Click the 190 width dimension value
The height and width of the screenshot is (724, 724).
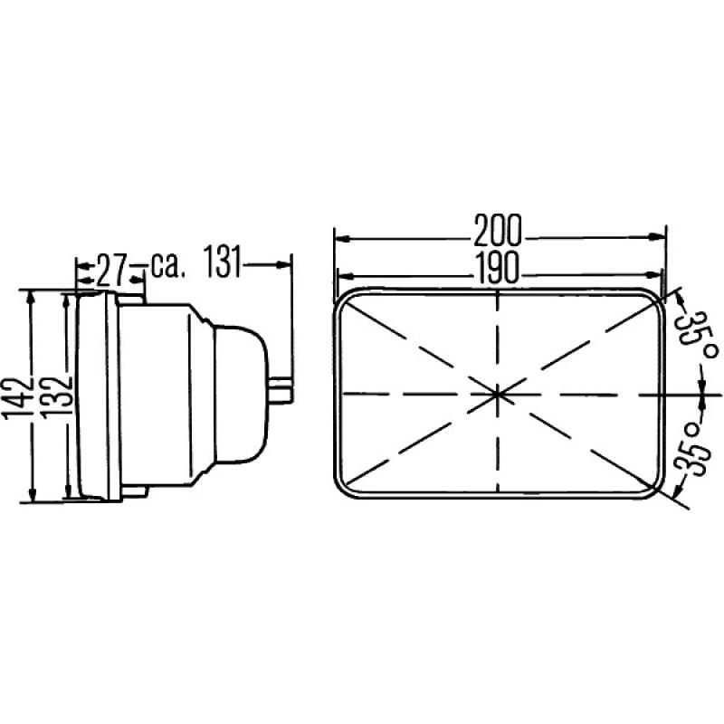[x=498, y=267]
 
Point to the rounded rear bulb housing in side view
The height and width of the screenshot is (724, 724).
[x=240, y=394]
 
